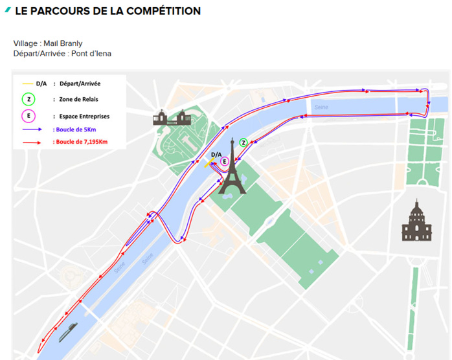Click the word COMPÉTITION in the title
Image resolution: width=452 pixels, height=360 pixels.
161,11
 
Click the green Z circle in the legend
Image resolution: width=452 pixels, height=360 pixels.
28,100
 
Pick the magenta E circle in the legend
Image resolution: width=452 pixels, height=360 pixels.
28,116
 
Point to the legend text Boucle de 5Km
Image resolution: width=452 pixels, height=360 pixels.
75,129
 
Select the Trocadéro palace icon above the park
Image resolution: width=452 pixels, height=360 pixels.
169,117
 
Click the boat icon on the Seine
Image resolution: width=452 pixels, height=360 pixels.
67,332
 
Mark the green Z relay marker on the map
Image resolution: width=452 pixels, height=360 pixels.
243,142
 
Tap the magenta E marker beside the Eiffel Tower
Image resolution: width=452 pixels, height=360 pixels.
224,161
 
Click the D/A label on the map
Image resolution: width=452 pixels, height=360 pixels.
216,154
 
